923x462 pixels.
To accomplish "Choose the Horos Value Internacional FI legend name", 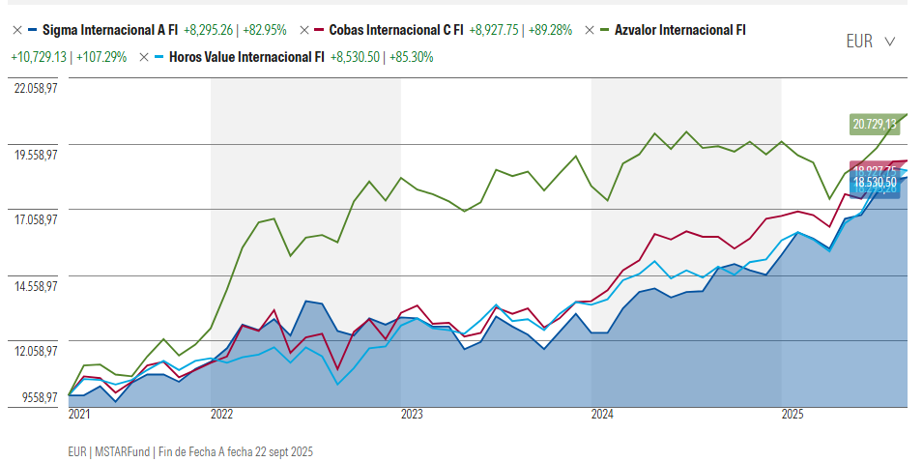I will (246, 57).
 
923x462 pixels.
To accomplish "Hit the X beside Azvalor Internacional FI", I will (590, 30).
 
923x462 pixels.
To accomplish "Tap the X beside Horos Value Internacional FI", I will (144, 57).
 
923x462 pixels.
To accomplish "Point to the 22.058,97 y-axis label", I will (36, 88).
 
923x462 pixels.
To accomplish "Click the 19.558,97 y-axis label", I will (36, 154).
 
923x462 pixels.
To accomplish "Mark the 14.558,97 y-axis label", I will (36, 286).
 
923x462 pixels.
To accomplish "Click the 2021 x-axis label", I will (78, 415).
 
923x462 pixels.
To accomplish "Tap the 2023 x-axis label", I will (412, 415).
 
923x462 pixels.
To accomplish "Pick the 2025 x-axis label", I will (793, 415).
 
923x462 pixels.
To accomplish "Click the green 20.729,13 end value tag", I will (874, 124).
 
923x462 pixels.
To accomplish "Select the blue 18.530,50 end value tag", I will (874, 182).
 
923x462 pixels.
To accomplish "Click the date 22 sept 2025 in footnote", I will (279, 451).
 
